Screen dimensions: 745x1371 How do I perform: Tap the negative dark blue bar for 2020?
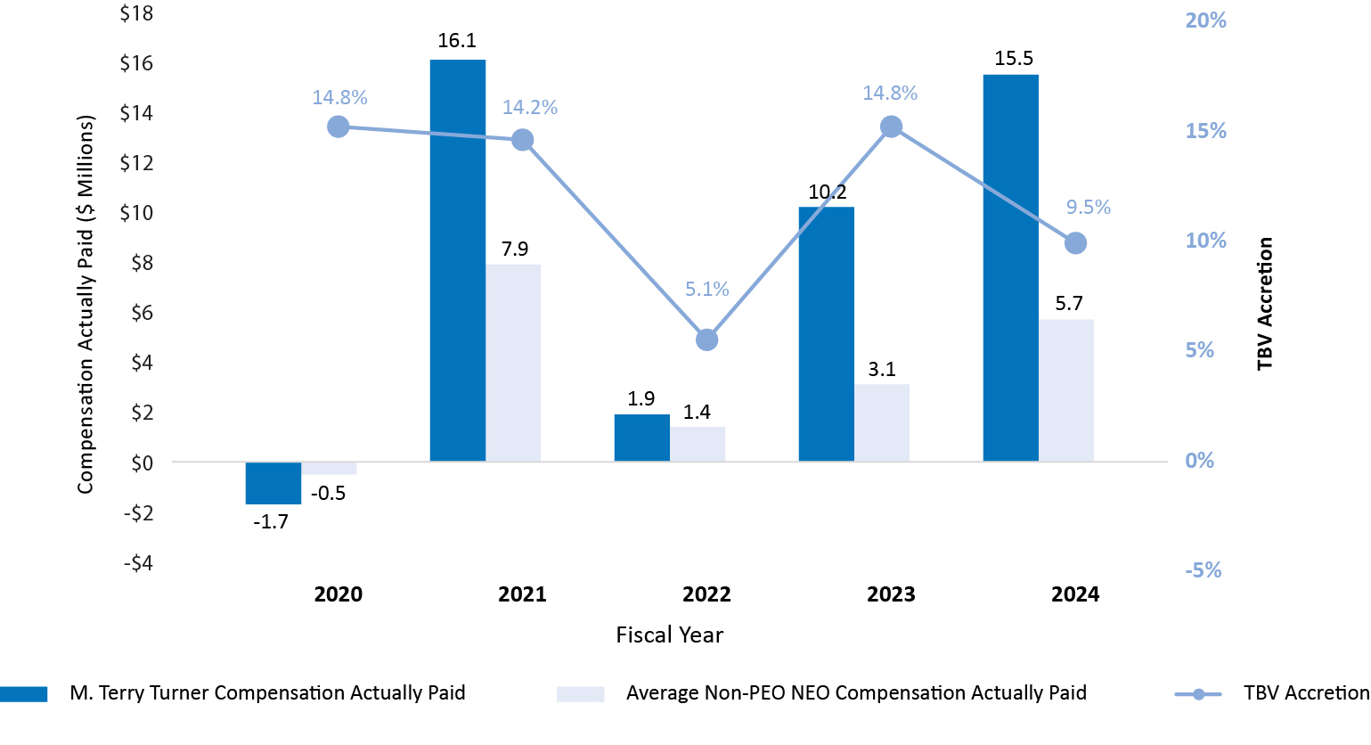tap(273, 483)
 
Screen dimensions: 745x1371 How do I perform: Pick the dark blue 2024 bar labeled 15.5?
tap(1010, 267)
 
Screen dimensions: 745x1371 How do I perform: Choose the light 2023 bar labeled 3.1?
tap(882, 422)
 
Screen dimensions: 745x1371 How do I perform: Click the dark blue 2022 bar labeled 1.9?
tap(641, 438)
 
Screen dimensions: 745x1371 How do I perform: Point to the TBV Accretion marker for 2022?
tap(706, 340)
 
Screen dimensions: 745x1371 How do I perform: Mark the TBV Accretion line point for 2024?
tap(1075, 243)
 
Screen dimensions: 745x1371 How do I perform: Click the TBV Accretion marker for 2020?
tap(338, 127)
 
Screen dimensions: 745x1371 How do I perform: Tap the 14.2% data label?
tap(530, 108)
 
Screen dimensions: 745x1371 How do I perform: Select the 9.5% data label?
tap(1089, 208)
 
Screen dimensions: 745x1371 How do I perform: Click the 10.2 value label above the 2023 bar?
tap(827, 192)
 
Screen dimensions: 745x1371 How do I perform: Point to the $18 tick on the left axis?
tap(136, 13)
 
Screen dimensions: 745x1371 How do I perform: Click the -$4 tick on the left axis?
tap(136, 563)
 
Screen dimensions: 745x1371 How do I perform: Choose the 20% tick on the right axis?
tap(1205, 20)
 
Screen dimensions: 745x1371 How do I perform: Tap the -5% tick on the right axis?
tap(1203, 570)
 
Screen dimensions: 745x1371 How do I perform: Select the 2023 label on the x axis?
tap(891, 594)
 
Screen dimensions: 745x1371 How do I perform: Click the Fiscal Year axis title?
tap(670, 635)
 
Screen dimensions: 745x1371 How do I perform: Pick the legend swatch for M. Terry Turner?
tap(24, 694)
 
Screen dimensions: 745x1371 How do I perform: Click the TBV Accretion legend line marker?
tap(1198, 694)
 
